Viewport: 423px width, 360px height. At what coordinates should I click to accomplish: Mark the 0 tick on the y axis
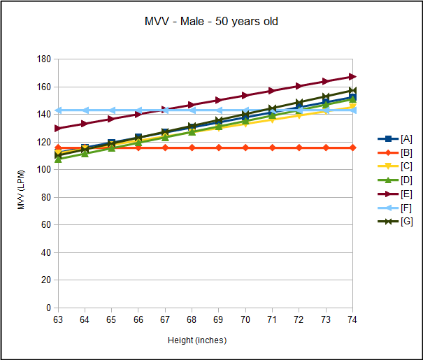coord(49,308)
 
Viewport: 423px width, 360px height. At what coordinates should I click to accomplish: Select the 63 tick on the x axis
coord(58,318)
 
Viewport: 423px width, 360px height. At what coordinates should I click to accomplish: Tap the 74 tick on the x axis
coord(352,318)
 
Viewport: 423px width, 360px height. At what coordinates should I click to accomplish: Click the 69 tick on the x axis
coord(219,318)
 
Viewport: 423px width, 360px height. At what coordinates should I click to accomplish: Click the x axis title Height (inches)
coord(197,340)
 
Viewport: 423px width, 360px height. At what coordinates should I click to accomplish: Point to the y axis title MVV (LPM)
coord(21,184)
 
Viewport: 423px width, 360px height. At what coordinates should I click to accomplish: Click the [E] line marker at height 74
coord(352,76)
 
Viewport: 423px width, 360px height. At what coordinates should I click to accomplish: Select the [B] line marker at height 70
coord(245,147)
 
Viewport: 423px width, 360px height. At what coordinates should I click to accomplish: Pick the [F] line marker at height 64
coord(85,110)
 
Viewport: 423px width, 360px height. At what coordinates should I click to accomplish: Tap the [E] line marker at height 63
coord(58,129)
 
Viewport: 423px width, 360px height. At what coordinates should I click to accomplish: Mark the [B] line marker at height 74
coord(352,147)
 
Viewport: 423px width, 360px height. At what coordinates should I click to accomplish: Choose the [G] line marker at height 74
coord(352,91)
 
